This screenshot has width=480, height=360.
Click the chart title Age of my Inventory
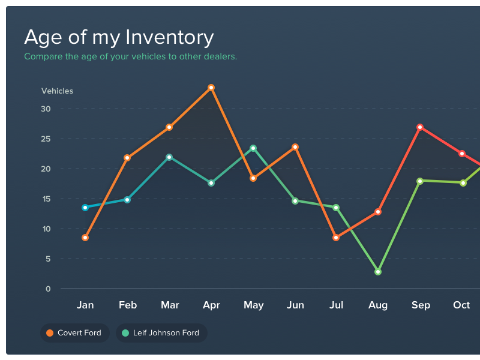(x=119, y=37)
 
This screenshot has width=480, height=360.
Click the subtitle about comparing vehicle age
(x=130, y=57)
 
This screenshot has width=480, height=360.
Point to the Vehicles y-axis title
(x=57, y=91)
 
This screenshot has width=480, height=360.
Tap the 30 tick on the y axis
(x=46, y=109)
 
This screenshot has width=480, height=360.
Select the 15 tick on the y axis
(x=46, y=199)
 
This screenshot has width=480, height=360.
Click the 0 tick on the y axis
(x=48, y=289)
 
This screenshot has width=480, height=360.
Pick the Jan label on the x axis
(x=85, y=305)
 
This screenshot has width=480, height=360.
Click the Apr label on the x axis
(x=211, y=305)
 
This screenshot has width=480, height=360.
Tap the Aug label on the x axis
(x=378, y=305)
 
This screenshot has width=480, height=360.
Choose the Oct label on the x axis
(x=461, y=305)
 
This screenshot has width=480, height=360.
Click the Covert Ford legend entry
(x=74, y=333)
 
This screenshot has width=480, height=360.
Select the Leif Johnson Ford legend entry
(x=161, y=333)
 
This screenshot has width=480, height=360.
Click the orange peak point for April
(x=211, y=88)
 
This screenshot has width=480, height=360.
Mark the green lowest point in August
(x=378, y=272)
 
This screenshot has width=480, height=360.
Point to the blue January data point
(x=85, y=208)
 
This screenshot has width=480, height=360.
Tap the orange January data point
(x=85, y=238)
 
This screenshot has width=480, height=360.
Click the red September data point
(x=420, y=127)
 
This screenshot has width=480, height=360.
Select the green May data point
(x=253, y=148)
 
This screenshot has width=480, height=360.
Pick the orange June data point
(x=295, y=147)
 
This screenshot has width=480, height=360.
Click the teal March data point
(x=169, y=157)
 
